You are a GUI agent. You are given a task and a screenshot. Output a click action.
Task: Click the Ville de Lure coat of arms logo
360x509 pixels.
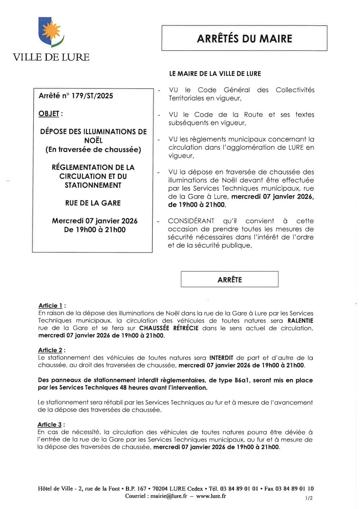(x=51, y=32)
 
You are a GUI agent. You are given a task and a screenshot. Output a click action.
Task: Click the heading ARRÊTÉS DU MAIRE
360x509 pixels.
(x=244, y=38)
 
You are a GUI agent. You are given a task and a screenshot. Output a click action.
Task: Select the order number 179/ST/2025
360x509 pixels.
(x=92, y=96)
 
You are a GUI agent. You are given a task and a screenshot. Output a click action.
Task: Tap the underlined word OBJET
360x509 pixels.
(x=49, y=114)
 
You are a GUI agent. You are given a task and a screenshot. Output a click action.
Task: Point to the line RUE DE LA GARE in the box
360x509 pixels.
(x=93, y=203)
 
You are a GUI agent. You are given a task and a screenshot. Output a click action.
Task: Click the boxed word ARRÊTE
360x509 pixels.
(x=230, y=280)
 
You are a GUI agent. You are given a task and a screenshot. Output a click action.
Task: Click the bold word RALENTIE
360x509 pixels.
(x=300, y=321)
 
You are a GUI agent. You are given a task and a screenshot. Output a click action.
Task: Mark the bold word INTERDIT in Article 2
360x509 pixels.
(x=221, y=358)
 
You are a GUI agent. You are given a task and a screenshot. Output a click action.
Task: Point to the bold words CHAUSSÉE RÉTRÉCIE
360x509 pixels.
(x=169, y=328)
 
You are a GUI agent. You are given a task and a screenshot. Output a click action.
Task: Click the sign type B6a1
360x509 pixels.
(x=242, y=380)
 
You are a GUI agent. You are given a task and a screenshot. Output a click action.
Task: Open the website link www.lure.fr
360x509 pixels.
(x=211, y=496)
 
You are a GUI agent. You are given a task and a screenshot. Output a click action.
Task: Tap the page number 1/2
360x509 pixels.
(x=309, y=498)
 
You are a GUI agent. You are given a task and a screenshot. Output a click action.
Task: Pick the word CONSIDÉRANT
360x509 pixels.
(x=191, y=221)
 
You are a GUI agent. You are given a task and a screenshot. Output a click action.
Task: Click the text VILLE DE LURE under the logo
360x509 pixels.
(x=51, y=57)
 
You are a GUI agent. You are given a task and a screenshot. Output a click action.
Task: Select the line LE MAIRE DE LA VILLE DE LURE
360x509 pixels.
(x=215, y=74)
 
